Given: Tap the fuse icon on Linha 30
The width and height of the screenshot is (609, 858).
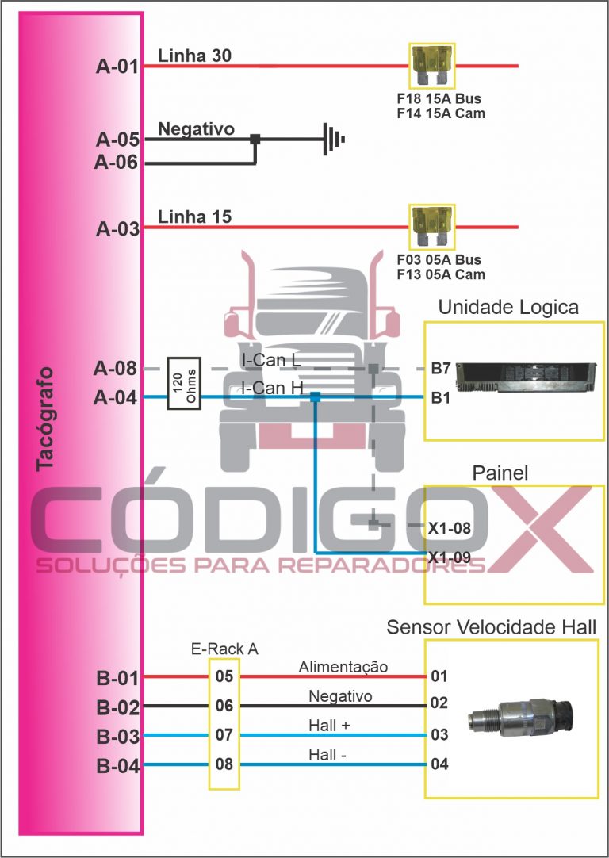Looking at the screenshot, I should coord(430,67).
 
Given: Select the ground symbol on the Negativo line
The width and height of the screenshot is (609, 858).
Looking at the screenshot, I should coord(334,140).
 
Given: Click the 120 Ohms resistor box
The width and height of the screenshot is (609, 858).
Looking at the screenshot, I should coord(183,383).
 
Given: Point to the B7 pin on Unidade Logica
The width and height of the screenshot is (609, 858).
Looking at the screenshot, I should coord(441,369).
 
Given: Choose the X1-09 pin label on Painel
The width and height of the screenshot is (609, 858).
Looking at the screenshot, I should coord(450,557).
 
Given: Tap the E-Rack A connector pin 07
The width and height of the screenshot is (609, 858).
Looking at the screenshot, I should coord(224,735).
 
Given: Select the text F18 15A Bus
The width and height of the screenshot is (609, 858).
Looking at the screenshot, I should coord(439,100).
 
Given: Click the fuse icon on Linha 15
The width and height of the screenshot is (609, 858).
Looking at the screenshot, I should coord(430,228).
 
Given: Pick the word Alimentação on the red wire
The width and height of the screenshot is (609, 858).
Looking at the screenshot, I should coord(343,667).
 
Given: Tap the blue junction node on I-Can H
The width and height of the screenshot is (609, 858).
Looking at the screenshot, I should coord(315,397).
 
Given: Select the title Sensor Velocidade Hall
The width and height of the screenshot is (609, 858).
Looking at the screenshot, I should coord(491,627).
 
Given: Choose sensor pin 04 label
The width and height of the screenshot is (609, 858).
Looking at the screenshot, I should coord(439,765).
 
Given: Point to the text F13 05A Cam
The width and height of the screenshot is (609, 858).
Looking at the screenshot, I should coord(440,274).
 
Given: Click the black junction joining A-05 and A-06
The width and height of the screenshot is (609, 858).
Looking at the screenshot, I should coord(255,139).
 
